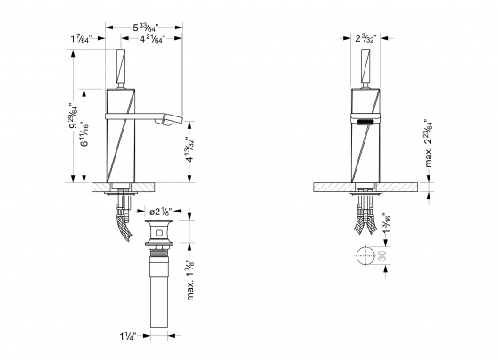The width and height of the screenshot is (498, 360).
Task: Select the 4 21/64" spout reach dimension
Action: tap(154, 39)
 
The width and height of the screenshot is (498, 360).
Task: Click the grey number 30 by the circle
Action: tap(383, 256)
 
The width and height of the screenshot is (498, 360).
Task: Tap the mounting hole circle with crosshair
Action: tap(364, 256)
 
